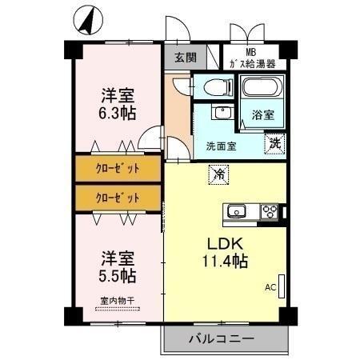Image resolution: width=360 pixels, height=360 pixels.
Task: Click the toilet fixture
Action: pyautogui.click(x=215, y=86)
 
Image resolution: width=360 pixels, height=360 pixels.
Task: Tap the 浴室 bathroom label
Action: pyautogui.click(x=263, y=114)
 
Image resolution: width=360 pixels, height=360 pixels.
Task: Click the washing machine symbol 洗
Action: pyautogui.click(x=274, y=145)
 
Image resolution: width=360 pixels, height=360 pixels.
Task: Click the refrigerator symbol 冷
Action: pyautogui.click(x=218, y=171)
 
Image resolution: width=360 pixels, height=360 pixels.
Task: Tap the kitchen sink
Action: pyautogui.click(x=237, y=211)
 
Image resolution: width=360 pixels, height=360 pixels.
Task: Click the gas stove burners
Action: pyautogui.click(x=270, y=211)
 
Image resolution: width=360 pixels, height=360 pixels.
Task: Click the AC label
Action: pyautogui.click(x=270, y=286)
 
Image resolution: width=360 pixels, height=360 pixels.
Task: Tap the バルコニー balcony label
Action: pyautogui.click(x=222, y=338)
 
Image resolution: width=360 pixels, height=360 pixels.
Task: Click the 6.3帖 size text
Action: pyautogui.click(x=118, y=113)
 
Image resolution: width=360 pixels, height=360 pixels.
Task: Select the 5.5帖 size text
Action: pyautogui.click(x=118, y=277)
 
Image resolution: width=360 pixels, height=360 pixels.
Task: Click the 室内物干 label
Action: pyautogui.click(x=118, y=301)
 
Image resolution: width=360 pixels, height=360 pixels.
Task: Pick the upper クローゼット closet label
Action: pyautogui.click(x=118, y=168)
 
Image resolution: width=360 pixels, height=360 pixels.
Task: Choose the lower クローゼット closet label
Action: pyautogui.click(x=118, y=197)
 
